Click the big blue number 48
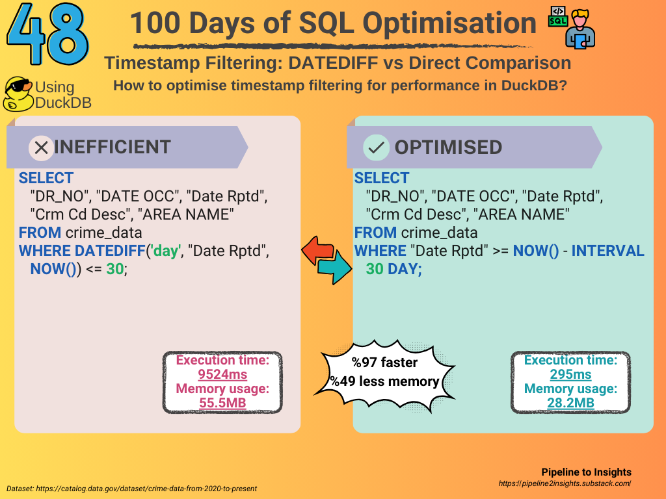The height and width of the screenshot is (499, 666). click(47, 34)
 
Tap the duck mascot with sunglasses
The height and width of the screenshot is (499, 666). click(18, 94)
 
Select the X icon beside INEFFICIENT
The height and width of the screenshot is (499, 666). click(41, 147)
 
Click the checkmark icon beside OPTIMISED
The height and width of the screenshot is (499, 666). click(377, 147)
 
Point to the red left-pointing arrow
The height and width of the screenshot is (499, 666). click(318, 250)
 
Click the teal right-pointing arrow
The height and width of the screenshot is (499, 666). click(336, 266)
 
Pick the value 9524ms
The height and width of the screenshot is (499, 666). click(222, 374)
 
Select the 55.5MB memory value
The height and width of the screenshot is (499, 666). click(222, 403)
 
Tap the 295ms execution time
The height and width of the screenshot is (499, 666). click(570, 374)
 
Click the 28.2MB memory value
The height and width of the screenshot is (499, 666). click(570, 403)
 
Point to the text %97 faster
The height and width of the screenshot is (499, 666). click(384, 363)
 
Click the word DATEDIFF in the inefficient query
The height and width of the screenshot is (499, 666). click(110, 251)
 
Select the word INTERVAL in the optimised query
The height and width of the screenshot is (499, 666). click(608, 251)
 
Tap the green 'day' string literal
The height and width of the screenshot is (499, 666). click(166, 251)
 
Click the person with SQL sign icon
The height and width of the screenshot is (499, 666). click(572, 27)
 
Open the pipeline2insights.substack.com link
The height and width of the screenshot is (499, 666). click(565, 483)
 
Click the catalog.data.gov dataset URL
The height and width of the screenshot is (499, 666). click(146, 489)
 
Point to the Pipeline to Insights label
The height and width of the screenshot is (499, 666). click(586, 472)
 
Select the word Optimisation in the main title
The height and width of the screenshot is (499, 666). click(449, 23)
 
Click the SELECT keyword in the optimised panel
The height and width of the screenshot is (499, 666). click(381, 178)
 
